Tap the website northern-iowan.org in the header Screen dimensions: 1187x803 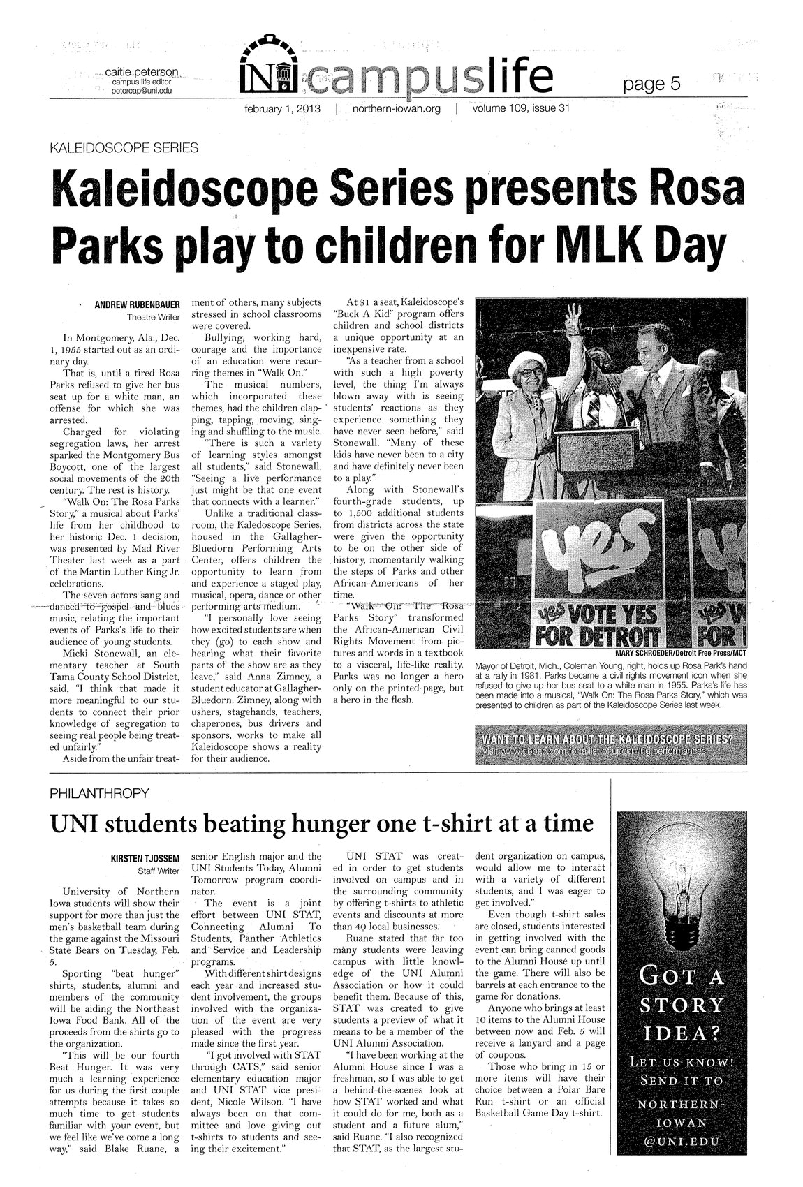coord(396,109)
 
